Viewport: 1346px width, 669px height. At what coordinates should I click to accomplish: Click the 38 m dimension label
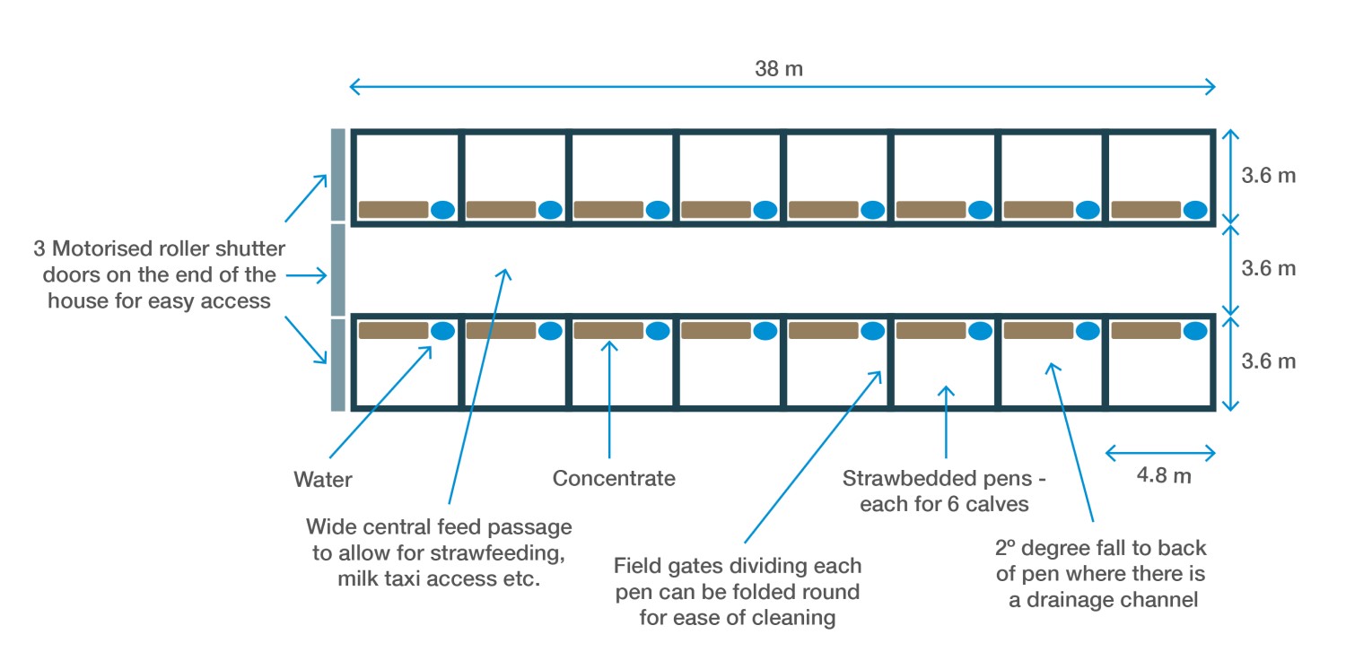(x=779, y=69)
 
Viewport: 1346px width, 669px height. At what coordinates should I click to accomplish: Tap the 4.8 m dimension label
(x=1164, y=476)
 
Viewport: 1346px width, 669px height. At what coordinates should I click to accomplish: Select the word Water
(x=323, y=480)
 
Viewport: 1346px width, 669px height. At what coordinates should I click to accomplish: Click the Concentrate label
(x=614, y=478)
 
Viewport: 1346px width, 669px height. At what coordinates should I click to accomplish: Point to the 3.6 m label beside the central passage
(x=1268, y=268)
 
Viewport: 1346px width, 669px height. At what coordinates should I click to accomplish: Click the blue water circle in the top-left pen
(x=442, y=210)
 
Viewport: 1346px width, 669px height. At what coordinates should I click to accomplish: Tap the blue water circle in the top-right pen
(x=1195, y=210)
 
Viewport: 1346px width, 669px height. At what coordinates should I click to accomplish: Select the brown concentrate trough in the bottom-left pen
(x=394, y=330)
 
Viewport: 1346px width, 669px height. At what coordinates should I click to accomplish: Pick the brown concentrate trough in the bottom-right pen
(x=1146, y=330)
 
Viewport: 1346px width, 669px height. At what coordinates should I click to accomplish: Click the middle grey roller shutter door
(x=338, y=269)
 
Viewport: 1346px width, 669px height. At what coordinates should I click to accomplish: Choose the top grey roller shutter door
(x=338, y=174)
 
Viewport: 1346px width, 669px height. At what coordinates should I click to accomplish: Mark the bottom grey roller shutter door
(x=338, y=364)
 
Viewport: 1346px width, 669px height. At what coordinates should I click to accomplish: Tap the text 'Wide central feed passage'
(x=439, y=526)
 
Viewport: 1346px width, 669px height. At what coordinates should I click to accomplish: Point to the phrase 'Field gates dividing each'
(x=738, y=567)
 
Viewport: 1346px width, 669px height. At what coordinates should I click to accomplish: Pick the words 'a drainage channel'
(x=1104, y=600)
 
